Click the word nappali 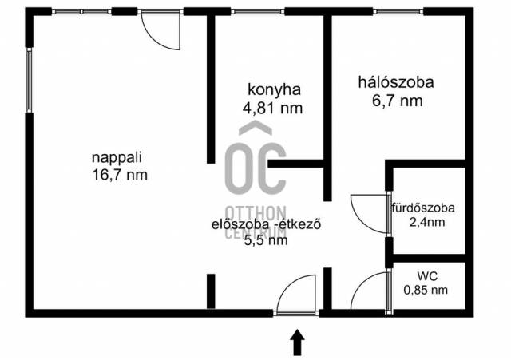(117, 158)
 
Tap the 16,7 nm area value (120, 176)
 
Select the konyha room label (274, 90)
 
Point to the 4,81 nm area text (272, 108)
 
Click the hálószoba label (396, 82)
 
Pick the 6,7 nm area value (398, 101)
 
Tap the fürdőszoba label (423, 208)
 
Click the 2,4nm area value (427, 222)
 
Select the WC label (427, 276)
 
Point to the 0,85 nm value (426, 290)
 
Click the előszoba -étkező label (266, 224)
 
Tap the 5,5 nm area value (266, 240)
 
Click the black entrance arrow (297, 342)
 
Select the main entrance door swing (288, 285)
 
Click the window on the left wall (30, 81)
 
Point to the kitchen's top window (257, 12)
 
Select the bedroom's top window (398, 12)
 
